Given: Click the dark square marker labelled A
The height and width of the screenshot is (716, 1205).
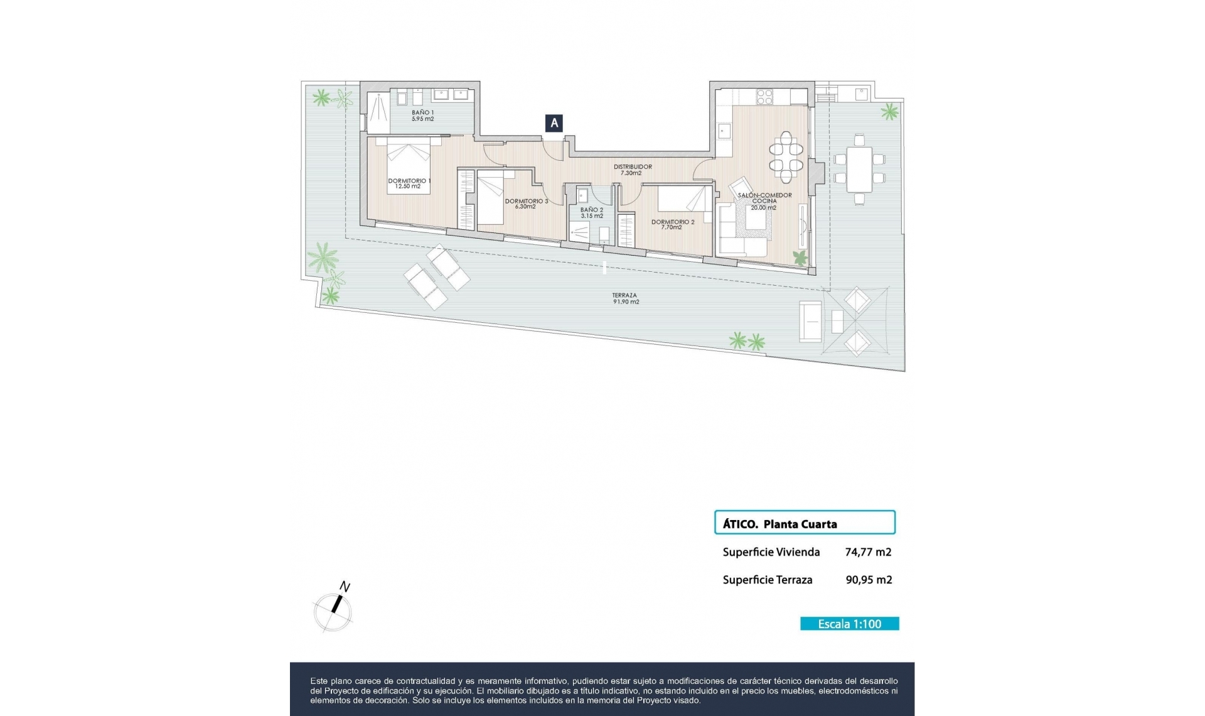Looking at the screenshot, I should click(x=554, y=124).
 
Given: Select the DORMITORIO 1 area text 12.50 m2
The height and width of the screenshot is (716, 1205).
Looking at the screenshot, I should click(x=408, y=187).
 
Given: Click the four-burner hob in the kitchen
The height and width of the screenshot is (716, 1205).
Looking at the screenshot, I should click(x=765, y=97).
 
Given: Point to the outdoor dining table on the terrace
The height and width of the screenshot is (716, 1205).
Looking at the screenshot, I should click(x=859, y=170).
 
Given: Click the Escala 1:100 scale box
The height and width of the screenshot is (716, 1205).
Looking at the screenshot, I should click(x=849, y=624).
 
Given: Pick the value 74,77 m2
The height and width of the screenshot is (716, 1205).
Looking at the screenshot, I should click(x=868, y=552).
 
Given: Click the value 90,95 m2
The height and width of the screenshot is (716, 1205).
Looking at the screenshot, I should click(x=869, y=580).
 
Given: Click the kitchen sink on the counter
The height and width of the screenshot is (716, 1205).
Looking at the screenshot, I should click(x=725, y=131).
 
